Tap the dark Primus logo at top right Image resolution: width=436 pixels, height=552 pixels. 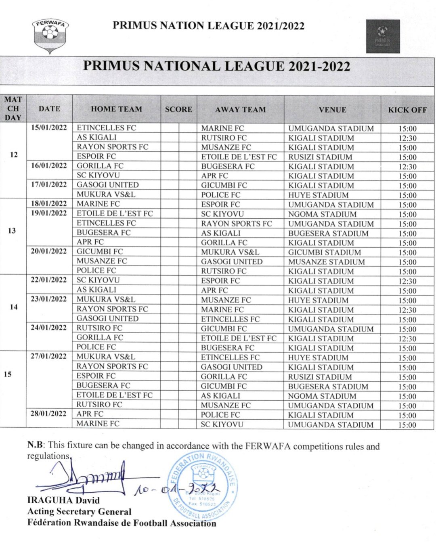(383, 36)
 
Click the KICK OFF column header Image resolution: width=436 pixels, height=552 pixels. (407, 109)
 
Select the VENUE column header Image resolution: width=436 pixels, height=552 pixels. (332, 109)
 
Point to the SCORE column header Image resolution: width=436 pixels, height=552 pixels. (178, 109)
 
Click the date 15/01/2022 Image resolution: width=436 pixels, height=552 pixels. (49, 128)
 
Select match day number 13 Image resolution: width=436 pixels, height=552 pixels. (12, 231)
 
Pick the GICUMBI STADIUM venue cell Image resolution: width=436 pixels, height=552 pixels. (324, 252)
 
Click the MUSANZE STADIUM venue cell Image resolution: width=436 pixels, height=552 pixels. (326, 262)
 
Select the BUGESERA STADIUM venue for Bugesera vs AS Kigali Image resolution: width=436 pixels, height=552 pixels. (328, 233)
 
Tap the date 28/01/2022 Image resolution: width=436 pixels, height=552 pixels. (48, 414)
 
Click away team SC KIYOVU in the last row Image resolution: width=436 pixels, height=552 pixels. (222, 424)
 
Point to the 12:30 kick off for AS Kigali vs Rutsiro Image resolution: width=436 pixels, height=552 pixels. (407, 138)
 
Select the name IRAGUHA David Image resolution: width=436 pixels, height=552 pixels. (63, 500)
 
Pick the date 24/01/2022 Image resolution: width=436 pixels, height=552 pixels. (48, 328)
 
